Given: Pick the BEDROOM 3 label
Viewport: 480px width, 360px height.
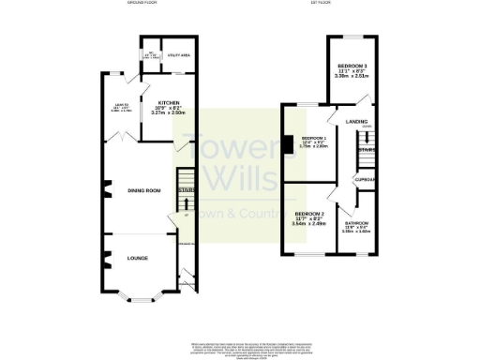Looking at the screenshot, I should [x=353, y=67].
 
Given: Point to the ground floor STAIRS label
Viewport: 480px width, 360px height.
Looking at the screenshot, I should [x=185, y=194].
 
